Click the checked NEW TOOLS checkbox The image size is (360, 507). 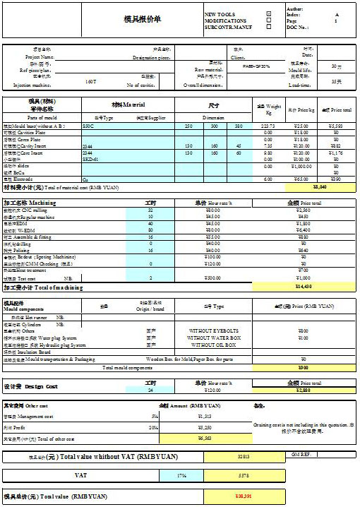[x=268, y=14]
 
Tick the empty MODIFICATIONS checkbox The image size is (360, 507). [x=268, y=21]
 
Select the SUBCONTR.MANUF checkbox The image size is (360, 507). [x=268, y=28]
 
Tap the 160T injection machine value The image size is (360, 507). [x=90, y=83]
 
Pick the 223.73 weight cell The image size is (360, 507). [x=268, y=126]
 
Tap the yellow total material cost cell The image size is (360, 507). [x=319, y=187]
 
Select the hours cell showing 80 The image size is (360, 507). [x=150, y=230]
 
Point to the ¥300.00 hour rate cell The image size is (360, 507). [x=212, y=278]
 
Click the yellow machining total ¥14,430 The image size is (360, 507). [x=320, y=287]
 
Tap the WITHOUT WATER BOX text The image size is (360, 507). [x=215, y=338]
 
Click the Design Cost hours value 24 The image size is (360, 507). [x=150, y=390]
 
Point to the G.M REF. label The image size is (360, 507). [x=303, y=453]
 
